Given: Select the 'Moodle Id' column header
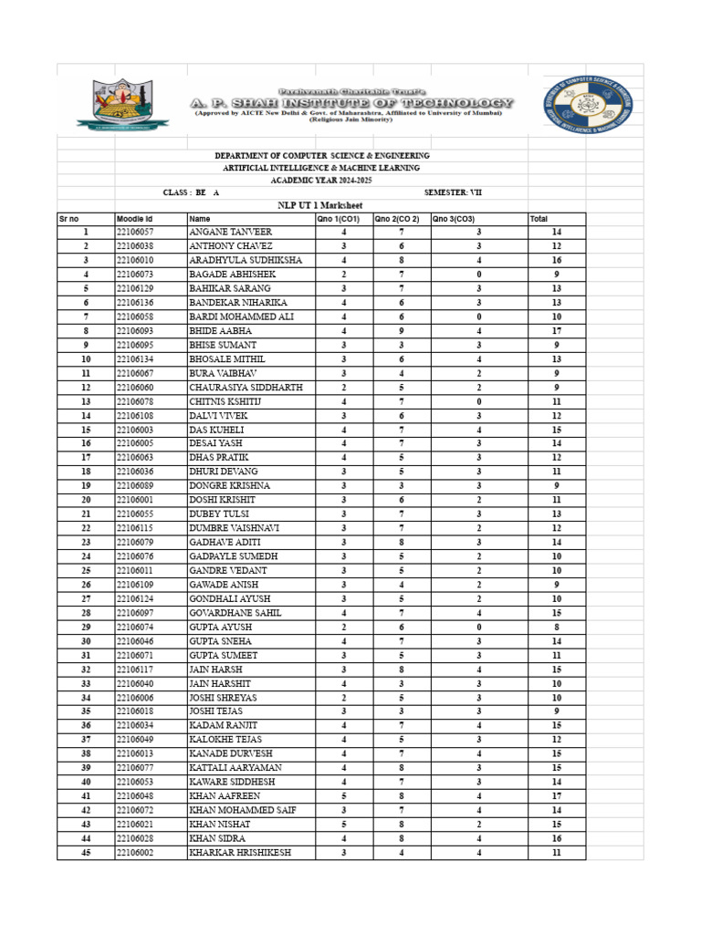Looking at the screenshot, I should coord(135,220).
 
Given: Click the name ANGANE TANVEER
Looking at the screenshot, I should coord(230,233).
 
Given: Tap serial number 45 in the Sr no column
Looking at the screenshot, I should coord(86,853).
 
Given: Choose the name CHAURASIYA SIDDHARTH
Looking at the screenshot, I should coord(245,388).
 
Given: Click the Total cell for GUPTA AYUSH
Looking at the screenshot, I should coord(556,628).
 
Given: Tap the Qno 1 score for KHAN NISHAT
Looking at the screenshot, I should coord(343,825).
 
